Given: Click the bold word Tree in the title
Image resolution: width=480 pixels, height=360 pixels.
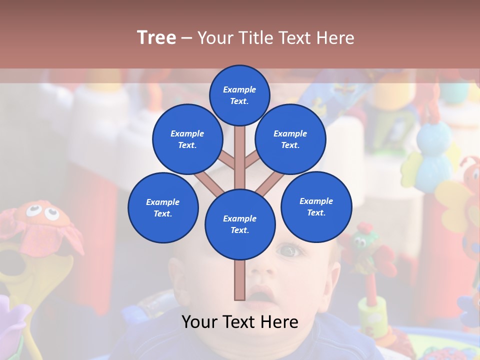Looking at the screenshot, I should pos(156,37).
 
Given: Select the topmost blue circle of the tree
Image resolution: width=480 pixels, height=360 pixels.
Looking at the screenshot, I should pos(239,95).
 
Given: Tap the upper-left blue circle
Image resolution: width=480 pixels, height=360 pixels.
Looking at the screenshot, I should pos(187,139).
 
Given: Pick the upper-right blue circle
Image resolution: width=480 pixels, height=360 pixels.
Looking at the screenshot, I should pos(290,139).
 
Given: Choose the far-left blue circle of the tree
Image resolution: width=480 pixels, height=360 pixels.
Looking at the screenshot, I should pos(163,207).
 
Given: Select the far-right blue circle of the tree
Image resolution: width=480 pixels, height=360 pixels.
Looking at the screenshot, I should pos(316,206).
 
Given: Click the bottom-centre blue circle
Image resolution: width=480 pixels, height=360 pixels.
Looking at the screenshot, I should pos(240,224).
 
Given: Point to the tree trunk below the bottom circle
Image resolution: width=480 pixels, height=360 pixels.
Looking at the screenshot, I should pos(240,280).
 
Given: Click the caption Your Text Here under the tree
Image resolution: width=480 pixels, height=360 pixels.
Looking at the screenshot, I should pos(240,322).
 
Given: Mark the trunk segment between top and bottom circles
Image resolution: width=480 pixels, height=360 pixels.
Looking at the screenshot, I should pos(240,155).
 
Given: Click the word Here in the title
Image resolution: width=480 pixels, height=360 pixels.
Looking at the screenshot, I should pos(335,38).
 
